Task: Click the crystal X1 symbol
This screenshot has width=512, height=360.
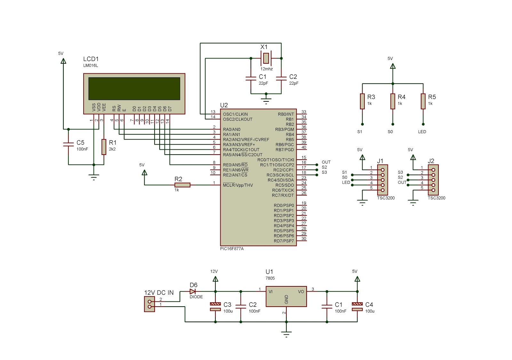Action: coord(266,58)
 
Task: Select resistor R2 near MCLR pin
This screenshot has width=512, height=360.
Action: coord(182,185)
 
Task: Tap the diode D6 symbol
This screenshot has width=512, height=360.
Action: coord(193,292)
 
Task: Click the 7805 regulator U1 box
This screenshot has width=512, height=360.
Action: coord(286,296)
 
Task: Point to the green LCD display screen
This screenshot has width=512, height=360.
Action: coord(134,89)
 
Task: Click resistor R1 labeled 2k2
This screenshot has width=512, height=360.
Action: coord(104,147)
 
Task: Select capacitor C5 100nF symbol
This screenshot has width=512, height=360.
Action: coord(68,145)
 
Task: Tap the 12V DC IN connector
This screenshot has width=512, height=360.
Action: coord(149,304)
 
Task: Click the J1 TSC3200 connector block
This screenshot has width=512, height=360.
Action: coord(382,180)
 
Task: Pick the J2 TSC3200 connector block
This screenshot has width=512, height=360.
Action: coord(433,180)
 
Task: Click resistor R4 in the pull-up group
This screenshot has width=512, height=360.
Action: coord(393,101)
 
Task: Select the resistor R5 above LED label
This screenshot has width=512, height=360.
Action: coord(423,101)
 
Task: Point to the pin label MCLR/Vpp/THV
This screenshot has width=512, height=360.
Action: coord(238,185)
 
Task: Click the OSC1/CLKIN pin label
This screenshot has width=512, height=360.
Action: coord(235,114)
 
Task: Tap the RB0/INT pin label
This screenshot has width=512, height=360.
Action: coord(286,114)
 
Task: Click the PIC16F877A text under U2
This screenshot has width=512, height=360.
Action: coord(232,249)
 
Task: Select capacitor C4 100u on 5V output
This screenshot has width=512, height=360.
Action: coord(357,307)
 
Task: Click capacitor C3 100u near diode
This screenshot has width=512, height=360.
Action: coord(215,307)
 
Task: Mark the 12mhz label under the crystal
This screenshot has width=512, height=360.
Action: coord(266,69)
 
